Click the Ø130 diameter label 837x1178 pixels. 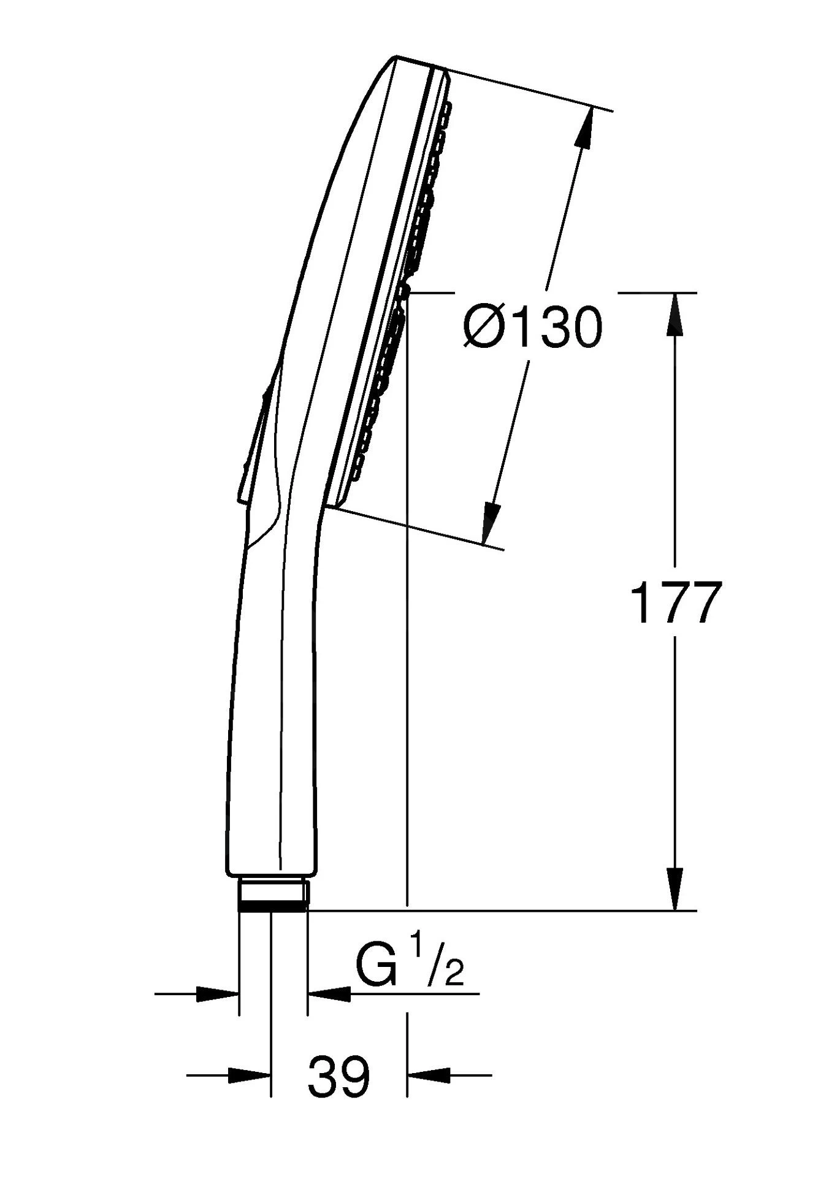(x=533, y=328)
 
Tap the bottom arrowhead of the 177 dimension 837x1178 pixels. (x=675, y=889)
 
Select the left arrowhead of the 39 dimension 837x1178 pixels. (x=249, y=1075)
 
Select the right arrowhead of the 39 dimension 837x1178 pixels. (x=429, y=1075)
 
